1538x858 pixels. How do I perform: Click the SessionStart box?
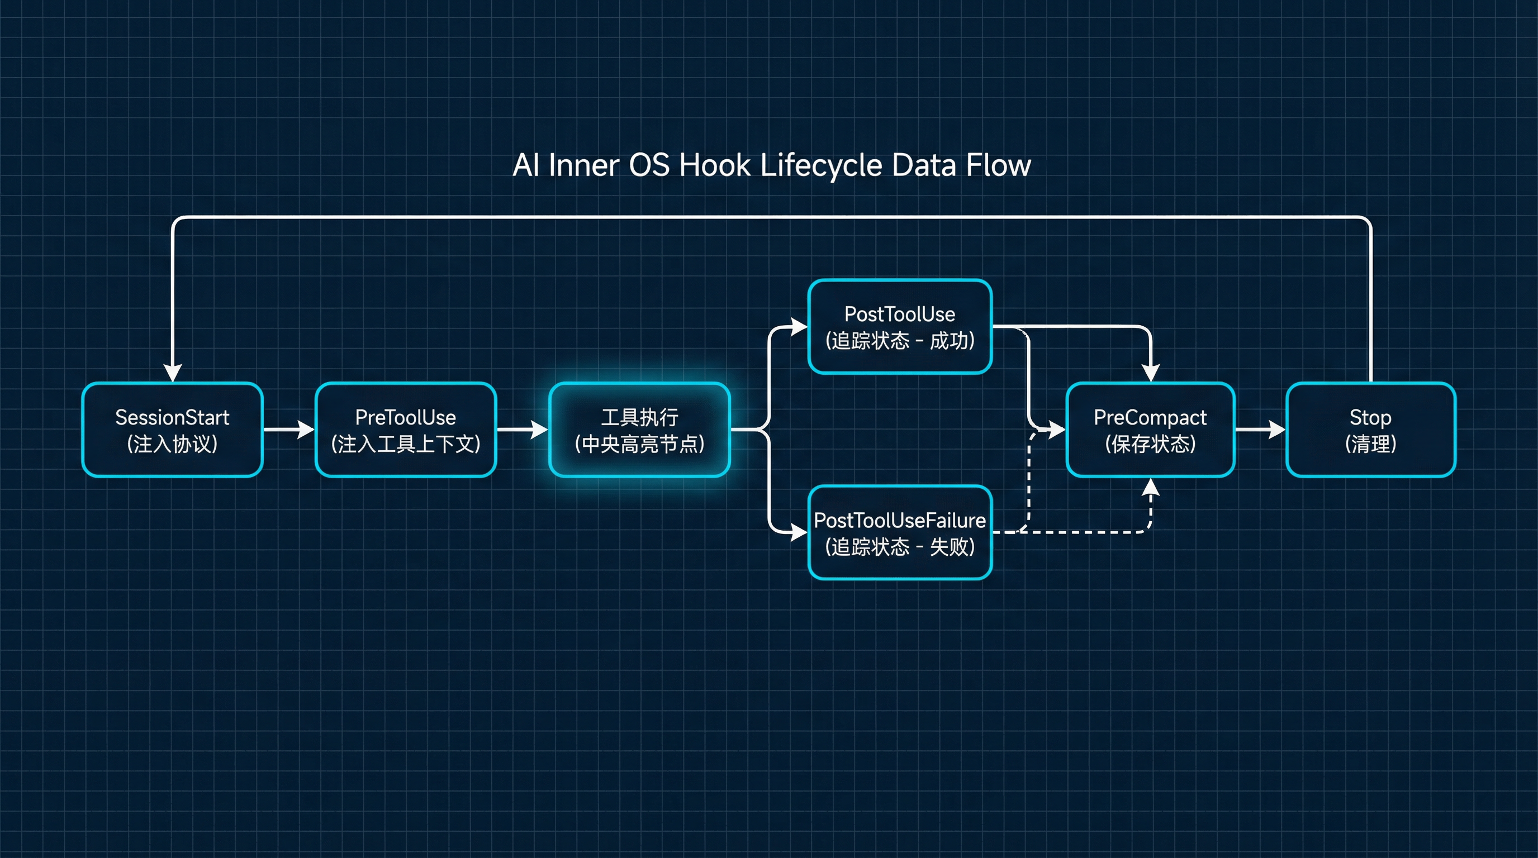point(172,430)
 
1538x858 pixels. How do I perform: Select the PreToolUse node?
point(405,430)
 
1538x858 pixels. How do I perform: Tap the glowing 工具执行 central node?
point(639,430)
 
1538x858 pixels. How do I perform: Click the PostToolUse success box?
point(900,326)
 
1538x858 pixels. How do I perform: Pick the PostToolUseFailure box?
point(900,532)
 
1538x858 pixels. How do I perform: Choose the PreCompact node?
point(1150,430)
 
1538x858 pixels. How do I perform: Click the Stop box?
point(1370,430)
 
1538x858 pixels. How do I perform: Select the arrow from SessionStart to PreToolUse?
point(289,429)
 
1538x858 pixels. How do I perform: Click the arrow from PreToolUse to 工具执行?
point(523,429)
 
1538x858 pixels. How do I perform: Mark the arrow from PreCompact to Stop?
point(1260,429)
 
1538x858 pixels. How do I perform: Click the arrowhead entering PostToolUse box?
point(799,326)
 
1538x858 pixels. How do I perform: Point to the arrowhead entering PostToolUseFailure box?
point(799,532)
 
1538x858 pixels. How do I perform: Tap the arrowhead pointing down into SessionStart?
point(172,373)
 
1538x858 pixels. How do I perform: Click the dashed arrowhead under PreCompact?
point(1150,488)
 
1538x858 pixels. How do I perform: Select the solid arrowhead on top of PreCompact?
point(1150,373)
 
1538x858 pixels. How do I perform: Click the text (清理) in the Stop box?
point(1370,444)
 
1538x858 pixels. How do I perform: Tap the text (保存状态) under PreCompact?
point(1150,444)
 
